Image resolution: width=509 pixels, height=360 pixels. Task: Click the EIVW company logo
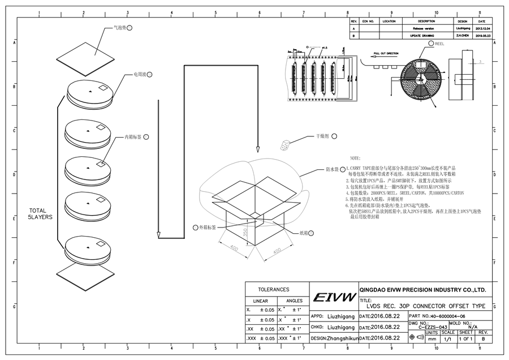[333, 297]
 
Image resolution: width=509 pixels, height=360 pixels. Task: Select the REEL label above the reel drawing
[439, 43]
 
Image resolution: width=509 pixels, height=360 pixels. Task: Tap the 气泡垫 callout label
[120, 27]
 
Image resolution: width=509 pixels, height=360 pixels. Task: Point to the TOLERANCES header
[274, 289]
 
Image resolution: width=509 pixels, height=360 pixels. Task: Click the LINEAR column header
[260, 301]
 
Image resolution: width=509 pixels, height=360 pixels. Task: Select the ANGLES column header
[295, 301]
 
